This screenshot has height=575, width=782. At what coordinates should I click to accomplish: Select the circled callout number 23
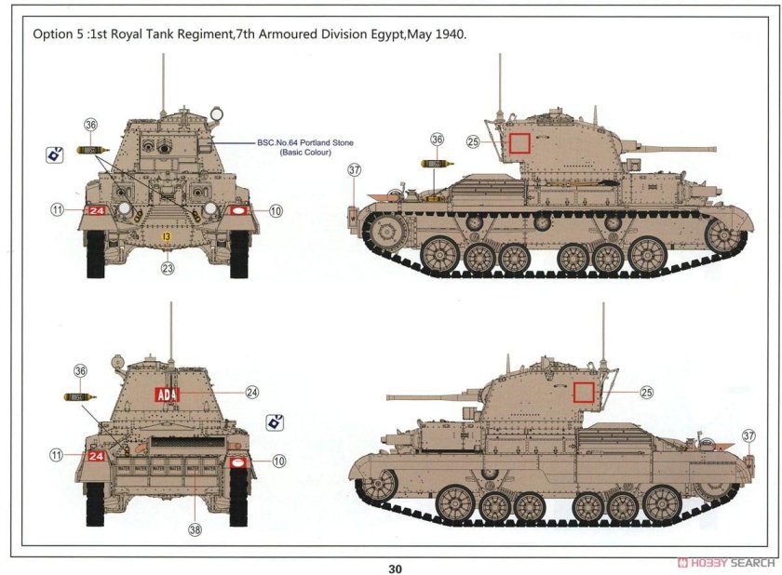[168, 269]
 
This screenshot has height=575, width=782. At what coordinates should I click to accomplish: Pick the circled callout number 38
[194, 529]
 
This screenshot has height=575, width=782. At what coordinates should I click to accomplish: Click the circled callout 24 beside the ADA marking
[251, 393]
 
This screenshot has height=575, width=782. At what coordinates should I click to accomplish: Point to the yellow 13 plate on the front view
[167, 238]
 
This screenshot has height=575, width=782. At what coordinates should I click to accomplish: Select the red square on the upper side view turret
[519, 143]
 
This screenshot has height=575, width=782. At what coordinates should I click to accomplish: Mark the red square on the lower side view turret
[585, 392]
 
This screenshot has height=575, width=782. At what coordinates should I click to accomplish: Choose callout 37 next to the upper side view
[354, 169]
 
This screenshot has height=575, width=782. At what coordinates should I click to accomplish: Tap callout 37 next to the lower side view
[749, 435]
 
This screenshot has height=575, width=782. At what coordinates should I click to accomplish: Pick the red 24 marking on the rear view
[96, 456]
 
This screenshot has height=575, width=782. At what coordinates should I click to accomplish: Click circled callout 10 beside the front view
[275, 211]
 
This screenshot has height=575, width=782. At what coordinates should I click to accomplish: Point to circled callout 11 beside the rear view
[57, 455]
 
